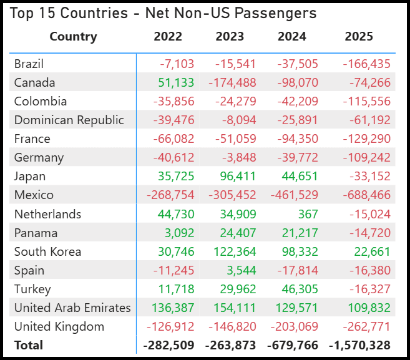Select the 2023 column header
tap(230, 36)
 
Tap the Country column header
tap(73, 36)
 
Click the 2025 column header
tap(359, 36)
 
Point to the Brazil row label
tap(29, 64)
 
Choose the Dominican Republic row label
tap(69, 120)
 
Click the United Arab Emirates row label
tap(72, 308)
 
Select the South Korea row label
tap(47, 251)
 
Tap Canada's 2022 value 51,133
tap(177, 82)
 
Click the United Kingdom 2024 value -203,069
tap(294, 326)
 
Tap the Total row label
tap(29, 345)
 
